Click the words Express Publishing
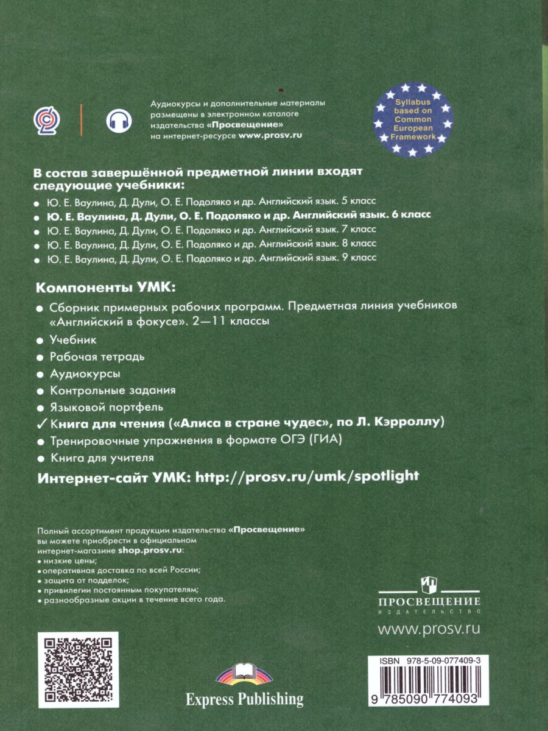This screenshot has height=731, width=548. coord(245,698)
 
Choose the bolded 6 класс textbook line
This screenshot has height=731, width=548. coord(239,214)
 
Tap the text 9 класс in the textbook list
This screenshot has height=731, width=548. coord(357,258)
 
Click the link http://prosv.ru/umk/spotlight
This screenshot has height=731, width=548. coord(306,476)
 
